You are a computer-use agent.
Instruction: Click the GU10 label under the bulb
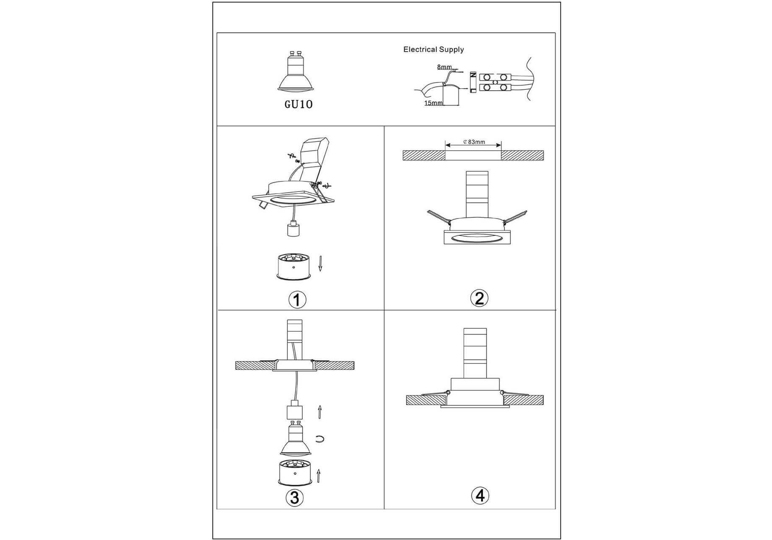tap(298, 104)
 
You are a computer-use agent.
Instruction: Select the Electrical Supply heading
tap(433, 49)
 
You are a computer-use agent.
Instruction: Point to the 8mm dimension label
tap(444, 67)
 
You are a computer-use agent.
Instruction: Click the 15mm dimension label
tap(433, 103)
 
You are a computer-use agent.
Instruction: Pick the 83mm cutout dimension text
tap(474, 142)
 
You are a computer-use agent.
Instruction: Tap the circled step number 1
tap(297, 300)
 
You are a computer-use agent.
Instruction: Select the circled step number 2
tap(479, 298)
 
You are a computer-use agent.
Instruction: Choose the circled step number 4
tap(480, 496)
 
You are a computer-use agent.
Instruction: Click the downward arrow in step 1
tap(320, 263)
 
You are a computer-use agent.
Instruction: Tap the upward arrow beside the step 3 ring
tap(319, 476)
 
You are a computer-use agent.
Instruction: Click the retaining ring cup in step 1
tap(294, 267)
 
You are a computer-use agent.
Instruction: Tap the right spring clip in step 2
tap(515, 216)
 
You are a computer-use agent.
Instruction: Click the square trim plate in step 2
tap(477, 238)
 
